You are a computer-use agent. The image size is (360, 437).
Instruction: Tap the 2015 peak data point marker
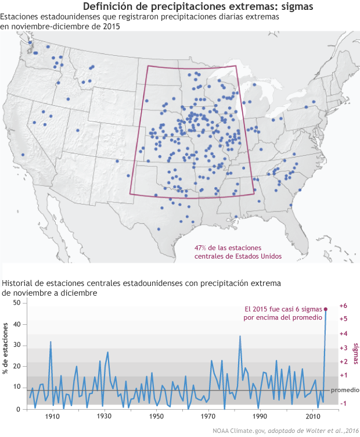click(x=325, y=310)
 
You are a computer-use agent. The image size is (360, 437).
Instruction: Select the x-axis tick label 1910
click(x=53, y=417)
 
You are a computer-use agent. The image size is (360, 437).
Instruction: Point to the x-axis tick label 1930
click(x=105, y=417)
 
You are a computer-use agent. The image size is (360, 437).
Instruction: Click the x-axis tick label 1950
click(x=156, y=417)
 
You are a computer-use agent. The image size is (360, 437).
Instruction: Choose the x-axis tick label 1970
click(x=208, y=417)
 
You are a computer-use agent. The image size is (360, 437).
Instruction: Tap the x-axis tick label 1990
click(x=260, y=417)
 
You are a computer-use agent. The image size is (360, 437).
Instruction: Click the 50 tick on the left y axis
click(x=16, y=303)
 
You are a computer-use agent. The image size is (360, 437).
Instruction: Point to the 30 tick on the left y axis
click(x=16, y=346)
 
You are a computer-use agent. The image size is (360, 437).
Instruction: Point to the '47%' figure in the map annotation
click(x=201, y=248)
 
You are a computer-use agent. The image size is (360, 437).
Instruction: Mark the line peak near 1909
click(x=51, y=342)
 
